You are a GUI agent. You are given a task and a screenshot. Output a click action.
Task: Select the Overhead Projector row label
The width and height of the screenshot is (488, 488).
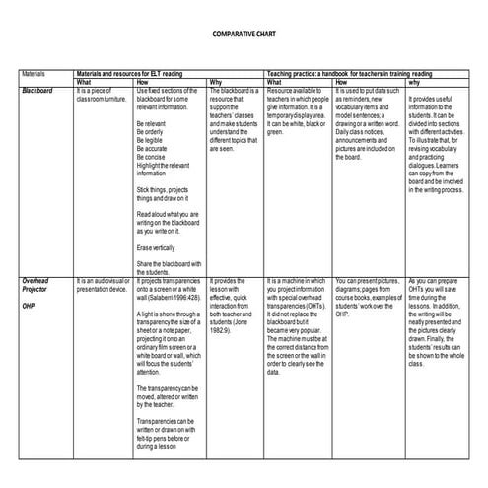click(x=37, y=285)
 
